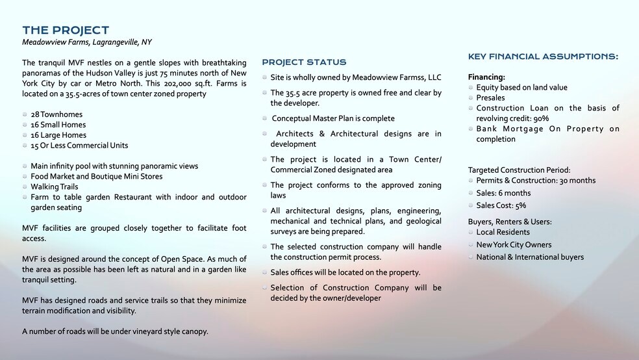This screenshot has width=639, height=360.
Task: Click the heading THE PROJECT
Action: (x=66, y=31)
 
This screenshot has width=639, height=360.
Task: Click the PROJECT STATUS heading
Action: (x=304, y=62)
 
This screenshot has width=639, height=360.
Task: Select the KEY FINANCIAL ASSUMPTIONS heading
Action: (x=543, y=57)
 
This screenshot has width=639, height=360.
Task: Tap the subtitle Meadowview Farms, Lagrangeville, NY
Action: (x=86, y=42)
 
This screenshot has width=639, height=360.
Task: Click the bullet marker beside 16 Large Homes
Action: (x=25, y=135)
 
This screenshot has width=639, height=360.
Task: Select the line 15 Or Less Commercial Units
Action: (x=79, y=146)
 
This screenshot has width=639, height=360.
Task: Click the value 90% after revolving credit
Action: (x=540, y=118)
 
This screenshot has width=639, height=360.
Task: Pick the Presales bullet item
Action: (x=490, y=97)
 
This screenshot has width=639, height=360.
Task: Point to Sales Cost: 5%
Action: (x=501, y=205)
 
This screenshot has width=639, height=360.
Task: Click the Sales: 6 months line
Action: (x=503, y=193)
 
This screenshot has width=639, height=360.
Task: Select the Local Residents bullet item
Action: (x=503, y=232)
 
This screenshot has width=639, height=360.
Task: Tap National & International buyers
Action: (x=530, y=257)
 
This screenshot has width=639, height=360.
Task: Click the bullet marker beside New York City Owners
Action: (x=470, y=244)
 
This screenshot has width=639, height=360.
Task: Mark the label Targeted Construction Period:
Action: (x=520, y=170)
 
